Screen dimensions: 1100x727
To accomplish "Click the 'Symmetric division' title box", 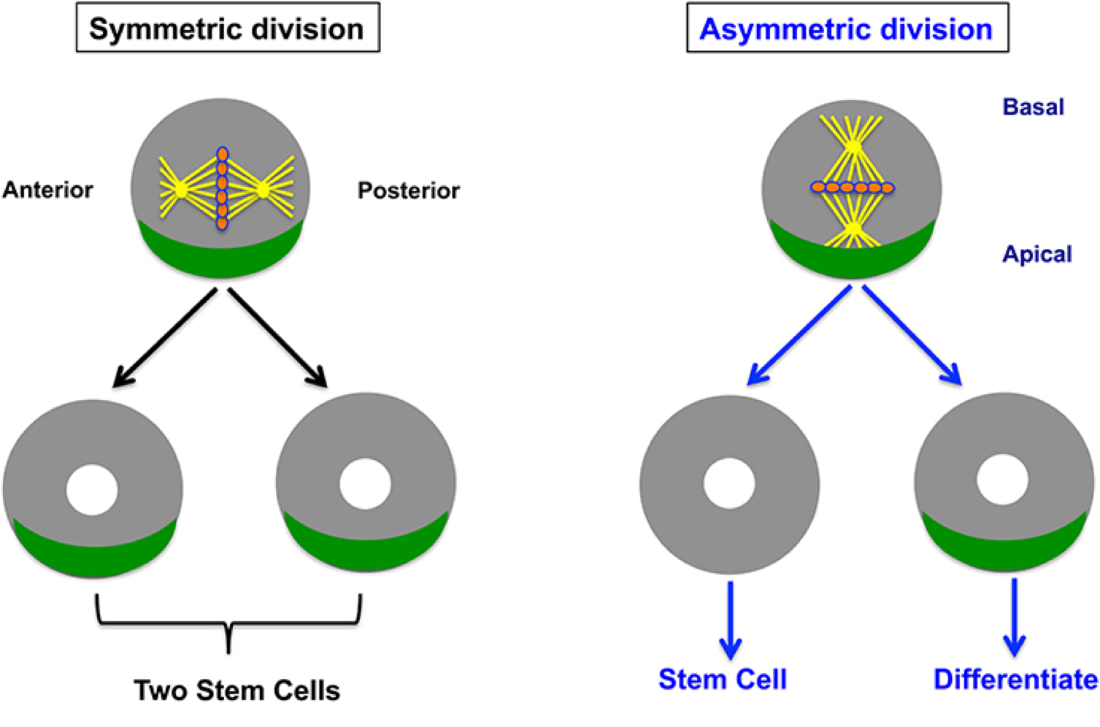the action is pos(228,28).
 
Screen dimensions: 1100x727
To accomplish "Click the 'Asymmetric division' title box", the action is pos(847,28).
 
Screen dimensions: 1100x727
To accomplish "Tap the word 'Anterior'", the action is pos(47,190).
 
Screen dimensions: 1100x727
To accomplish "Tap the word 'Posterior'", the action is pos(409,191).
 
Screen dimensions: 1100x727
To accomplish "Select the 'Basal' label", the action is pos(1034,107).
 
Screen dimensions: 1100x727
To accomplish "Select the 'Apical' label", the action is pos(1036,255).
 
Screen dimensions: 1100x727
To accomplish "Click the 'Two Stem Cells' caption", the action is pos(237,691).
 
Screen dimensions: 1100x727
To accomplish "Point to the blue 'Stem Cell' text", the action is pos(723,680).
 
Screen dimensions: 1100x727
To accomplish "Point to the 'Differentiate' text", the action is pos(1015,680).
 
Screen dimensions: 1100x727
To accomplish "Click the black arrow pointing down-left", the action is pos(164,338).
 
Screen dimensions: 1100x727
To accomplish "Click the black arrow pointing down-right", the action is pos(277,338).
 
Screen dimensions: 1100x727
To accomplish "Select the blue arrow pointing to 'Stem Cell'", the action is pos(730,620).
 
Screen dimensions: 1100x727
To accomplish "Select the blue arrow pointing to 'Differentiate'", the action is pos(1014,618).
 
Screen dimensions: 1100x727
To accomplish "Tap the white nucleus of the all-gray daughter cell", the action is pos(729,483).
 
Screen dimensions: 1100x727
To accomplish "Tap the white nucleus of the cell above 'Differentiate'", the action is pos(1002,480).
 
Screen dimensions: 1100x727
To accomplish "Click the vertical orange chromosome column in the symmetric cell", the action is pos(222,188).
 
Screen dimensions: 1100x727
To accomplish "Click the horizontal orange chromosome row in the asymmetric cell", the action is pos(852,187).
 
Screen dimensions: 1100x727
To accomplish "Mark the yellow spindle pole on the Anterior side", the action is pos(181,190).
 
